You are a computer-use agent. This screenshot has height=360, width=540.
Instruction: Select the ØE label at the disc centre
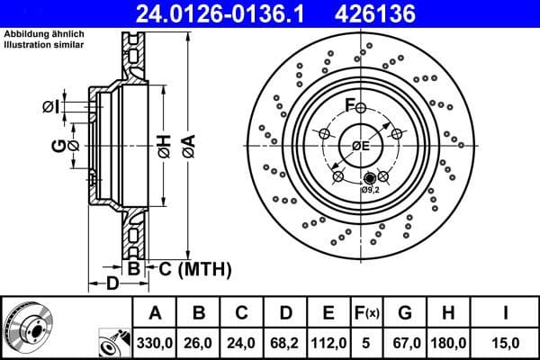[361, 146]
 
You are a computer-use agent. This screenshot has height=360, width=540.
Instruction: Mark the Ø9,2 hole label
[370, 191]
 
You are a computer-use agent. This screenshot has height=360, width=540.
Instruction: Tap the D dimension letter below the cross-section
[112, 285]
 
